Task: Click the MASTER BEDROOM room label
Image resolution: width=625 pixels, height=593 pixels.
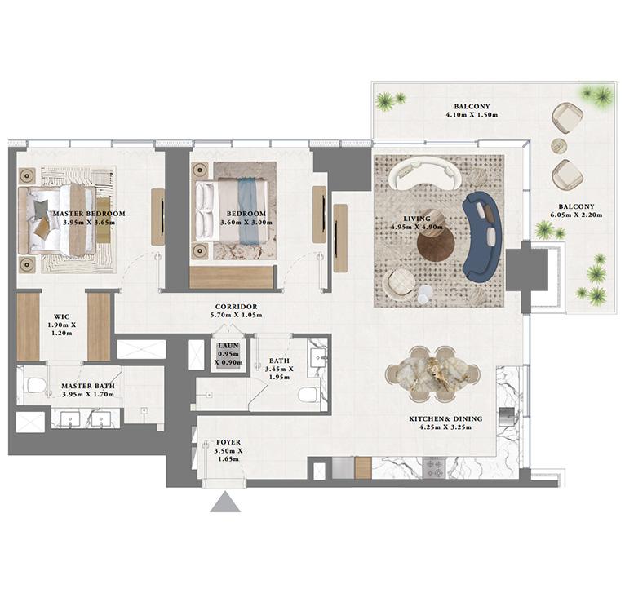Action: coord(89,214)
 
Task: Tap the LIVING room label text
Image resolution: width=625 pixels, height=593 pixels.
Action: coord(417,219)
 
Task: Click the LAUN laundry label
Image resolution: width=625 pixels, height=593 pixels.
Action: coord(228,346)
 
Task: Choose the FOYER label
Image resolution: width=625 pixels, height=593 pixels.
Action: coord(228,443)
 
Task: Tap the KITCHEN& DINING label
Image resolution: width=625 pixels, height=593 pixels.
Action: coord(445,419)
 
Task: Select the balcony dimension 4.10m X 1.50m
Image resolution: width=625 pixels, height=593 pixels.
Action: coord(472,116)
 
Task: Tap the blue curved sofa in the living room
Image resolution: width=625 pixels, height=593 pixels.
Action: coord(482,235)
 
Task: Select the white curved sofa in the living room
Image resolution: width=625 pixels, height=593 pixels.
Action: coord(424,172)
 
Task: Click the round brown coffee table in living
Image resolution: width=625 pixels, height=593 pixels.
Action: coord(435,243)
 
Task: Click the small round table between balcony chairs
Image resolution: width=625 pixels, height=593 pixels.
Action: coord(559,145)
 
